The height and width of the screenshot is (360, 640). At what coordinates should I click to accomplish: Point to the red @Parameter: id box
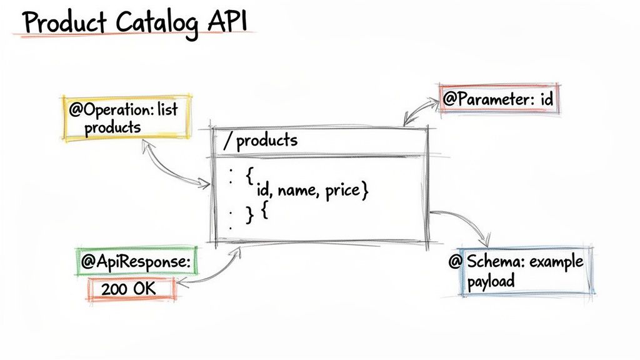point(499,99)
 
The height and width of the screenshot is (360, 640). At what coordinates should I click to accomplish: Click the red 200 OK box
point(131,288)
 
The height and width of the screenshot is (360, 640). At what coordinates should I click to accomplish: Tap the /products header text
point(261,141)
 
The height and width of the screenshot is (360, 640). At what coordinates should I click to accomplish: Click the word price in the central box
point(344,191)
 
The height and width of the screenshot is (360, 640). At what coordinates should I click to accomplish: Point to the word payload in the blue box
point(491,281)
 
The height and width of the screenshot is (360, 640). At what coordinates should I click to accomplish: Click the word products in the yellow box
point(113,127)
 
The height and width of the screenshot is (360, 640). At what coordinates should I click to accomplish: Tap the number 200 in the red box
point(112,289)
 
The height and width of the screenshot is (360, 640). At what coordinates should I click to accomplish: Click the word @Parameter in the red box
point(481,99)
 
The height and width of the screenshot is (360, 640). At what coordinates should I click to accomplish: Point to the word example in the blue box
point(555,261)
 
